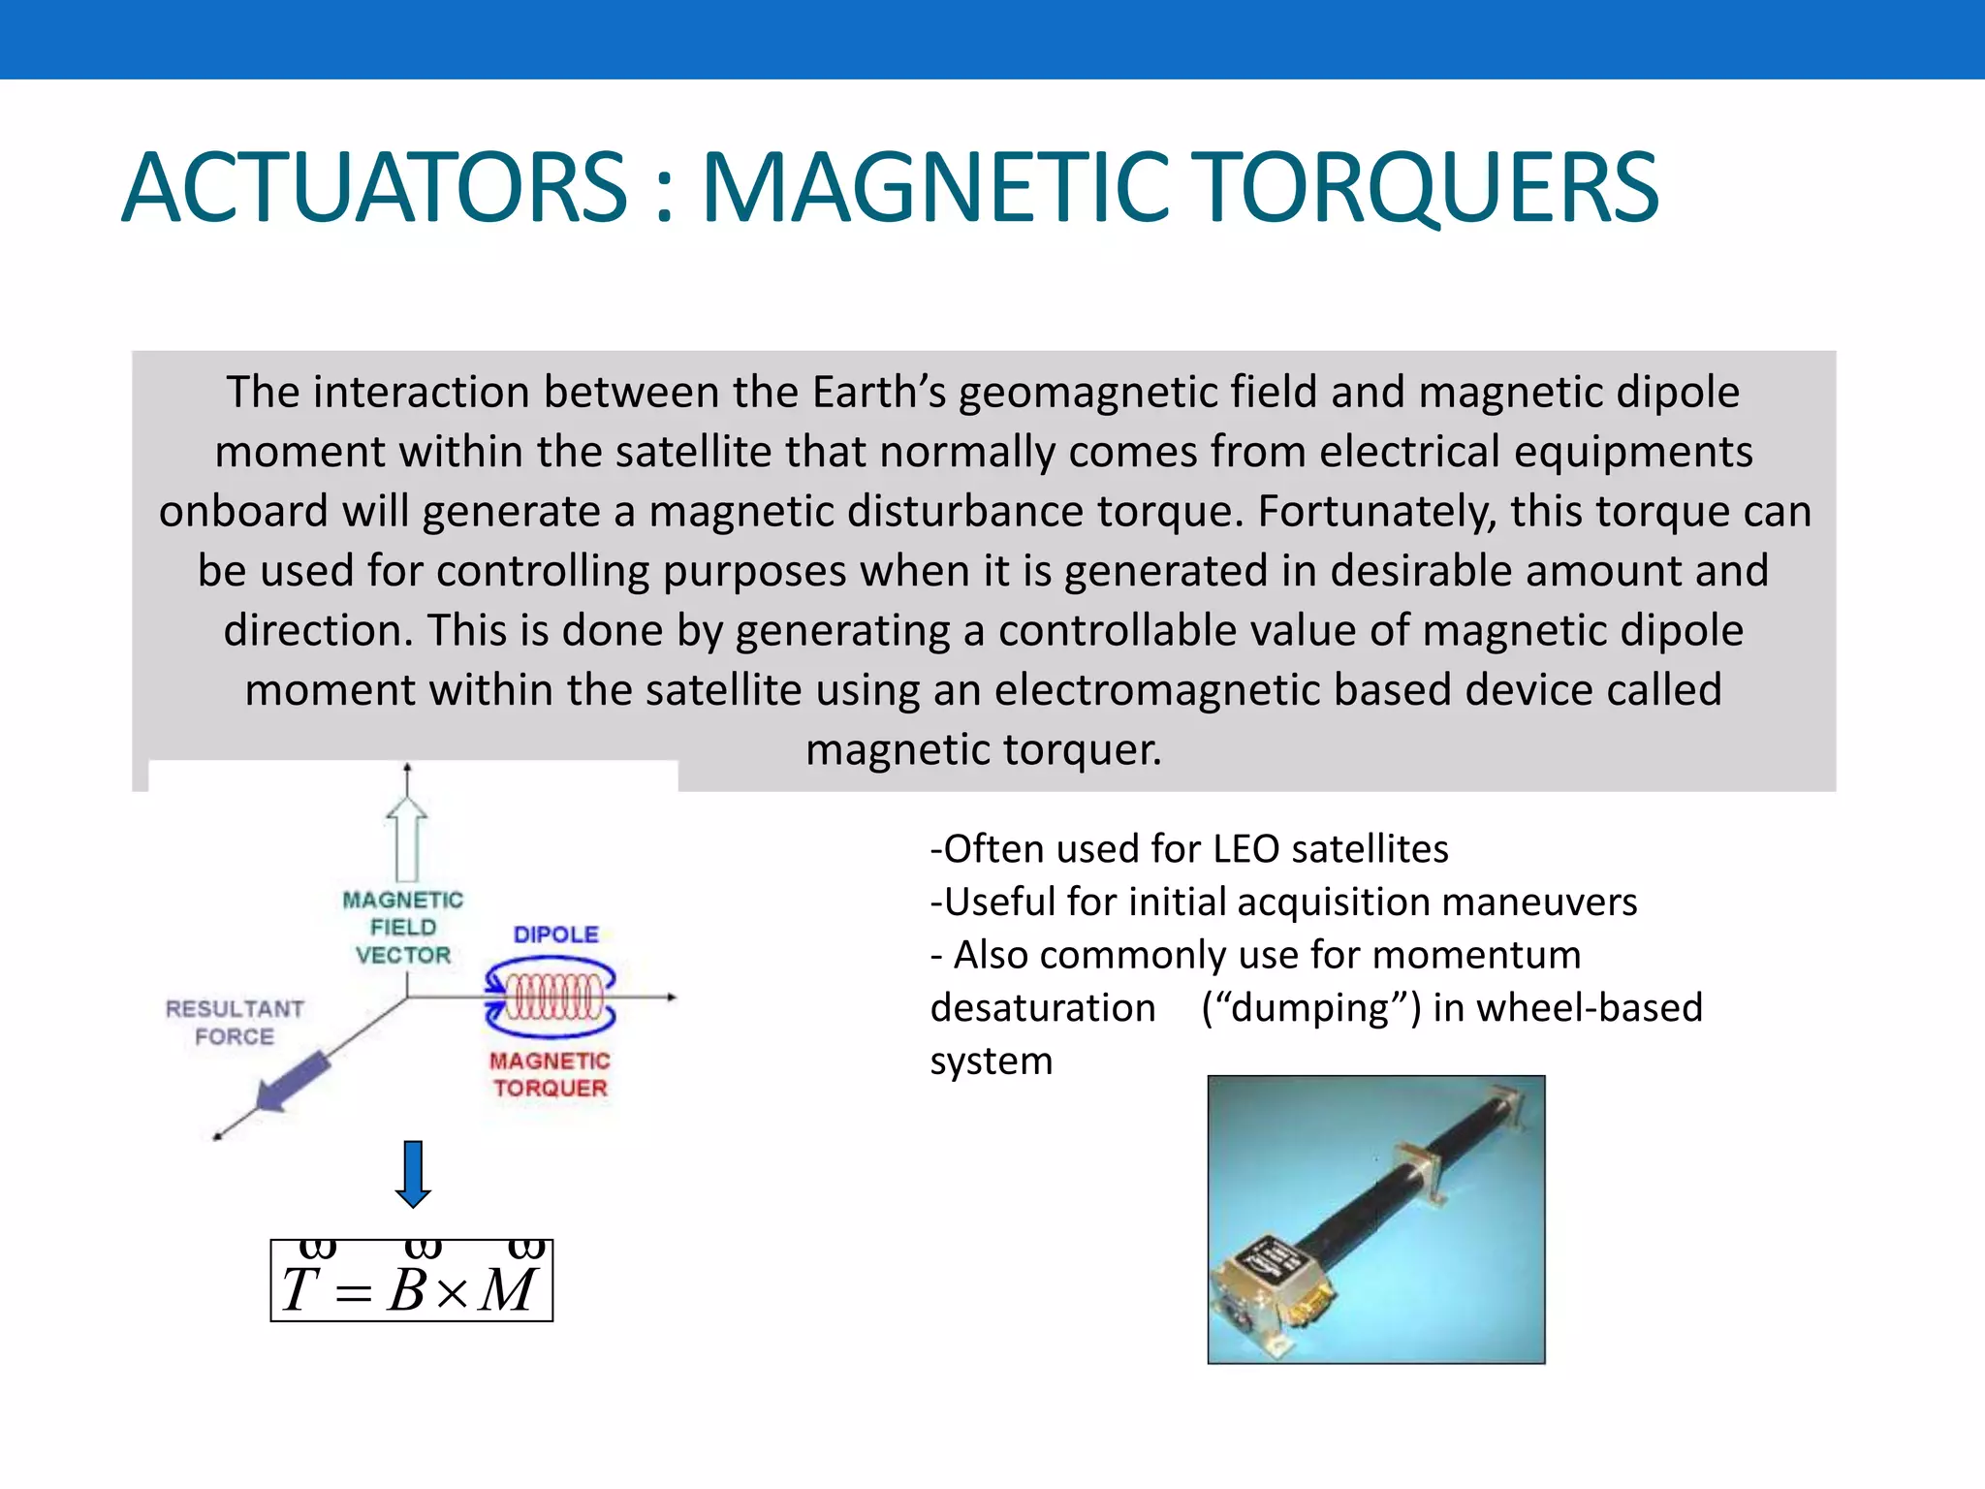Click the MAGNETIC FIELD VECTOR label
403,928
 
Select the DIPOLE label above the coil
555,935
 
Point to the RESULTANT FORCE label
235,1023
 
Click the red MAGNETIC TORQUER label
550,1074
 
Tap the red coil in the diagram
550,997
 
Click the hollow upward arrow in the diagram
407,839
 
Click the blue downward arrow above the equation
413,1174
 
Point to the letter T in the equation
299,1290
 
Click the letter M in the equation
508,1290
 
